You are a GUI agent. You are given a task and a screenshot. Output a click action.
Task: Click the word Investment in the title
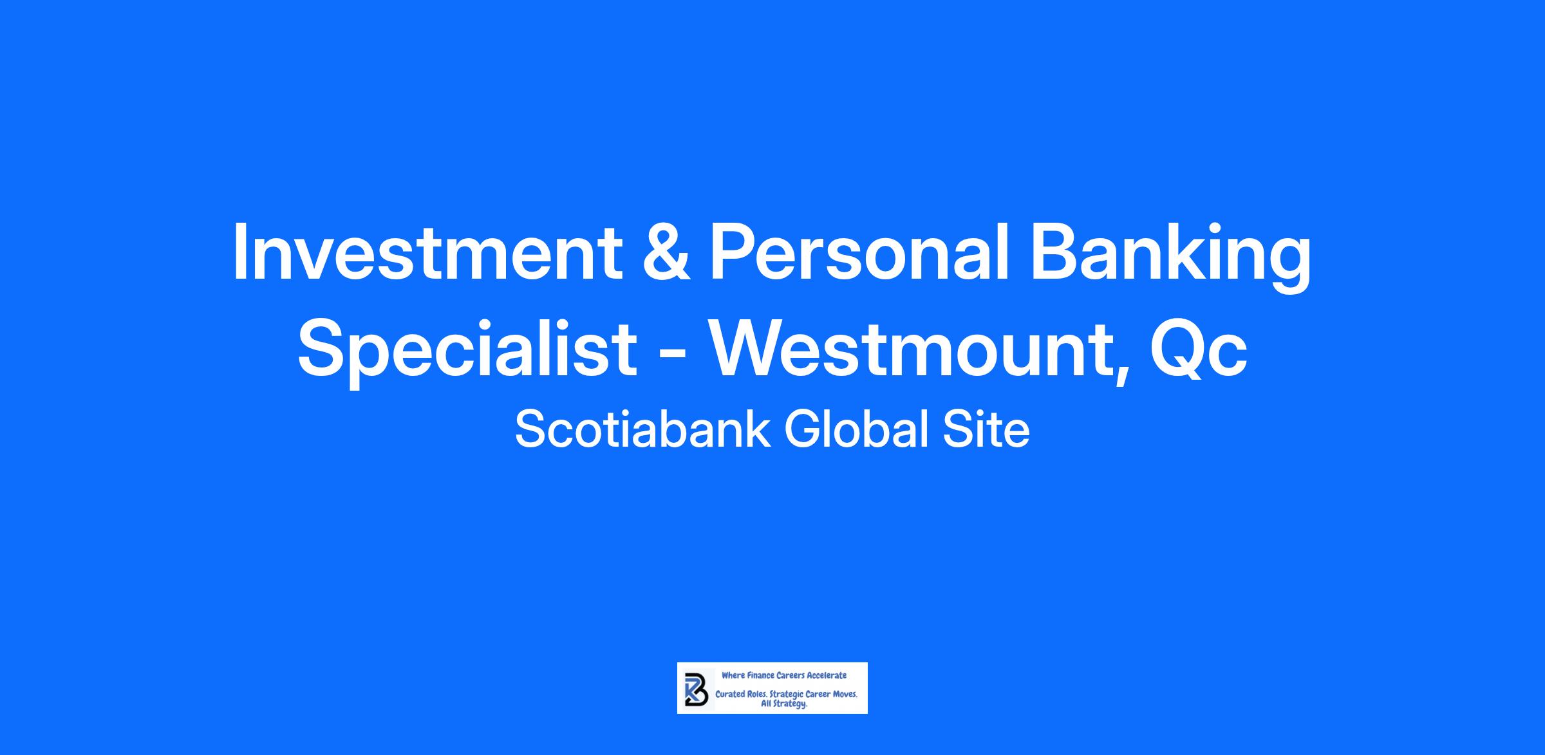tap(427, 252)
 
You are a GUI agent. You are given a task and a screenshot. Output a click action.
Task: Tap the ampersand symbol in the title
tap(666, 252)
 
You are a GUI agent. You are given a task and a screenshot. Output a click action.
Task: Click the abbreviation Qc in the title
tap(1199, 351)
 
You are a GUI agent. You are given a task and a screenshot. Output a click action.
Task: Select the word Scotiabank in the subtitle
tap(642, 429)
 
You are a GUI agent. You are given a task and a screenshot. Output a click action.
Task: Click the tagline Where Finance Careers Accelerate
tap(784, 675)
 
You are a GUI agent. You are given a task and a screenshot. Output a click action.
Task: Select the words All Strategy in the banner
tap(784, 704)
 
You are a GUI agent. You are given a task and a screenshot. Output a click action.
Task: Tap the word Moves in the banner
tap(845, 695)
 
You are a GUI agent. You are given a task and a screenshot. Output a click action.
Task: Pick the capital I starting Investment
tap(241, 252)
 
